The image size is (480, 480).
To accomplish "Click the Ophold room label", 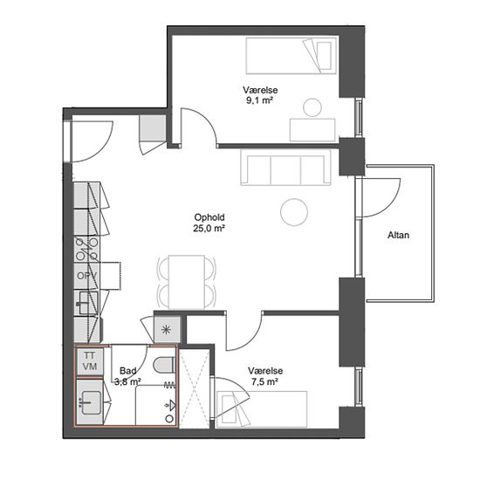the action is pyautogui.click(x=209, y=217).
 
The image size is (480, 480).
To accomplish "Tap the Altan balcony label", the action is pyautogui.click(x=398, y=235).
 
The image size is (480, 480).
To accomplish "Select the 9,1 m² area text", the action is pyautogui.click(x=259, y=100).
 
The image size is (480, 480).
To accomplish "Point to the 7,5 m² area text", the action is pyautogui.click(x=264, y=381).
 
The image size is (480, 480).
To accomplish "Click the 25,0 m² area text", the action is pyautogui.click(x=209, y=229).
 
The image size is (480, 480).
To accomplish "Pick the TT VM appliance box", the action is pyautogui.click(x=90, y=361).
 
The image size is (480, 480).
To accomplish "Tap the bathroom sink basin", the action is pyautogui.click(x=90, y=402).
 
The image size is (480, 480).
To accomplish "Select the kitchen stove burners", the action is pyautogui.click(x=86, y=250).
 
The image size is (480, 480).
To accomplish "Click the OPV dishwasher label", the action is pyautogui.click(x=86, y=276).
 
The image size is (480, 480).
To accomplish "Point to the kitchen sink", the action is pyautogui.click(x=88, y=303).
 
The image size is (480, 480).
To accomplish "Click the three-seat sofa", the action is pyautogui.click(x=286, y=168).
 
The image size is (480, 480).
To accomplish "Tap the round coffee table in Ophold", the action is pyautogui.click(x=294, y=212).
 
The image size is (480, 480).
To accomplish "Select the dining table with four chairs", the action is pyautogui.click(x=187, y=282).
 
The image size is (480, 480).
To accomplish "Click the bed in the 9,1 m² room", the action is pyautogui.click(x=291, y=56).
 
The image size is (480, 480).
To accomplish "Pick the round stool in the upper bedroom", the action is pyautogui.click(x=312, y=107).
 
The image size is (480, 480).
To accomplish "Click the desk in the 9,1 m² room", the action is pyautogui.click(x=312, y=130).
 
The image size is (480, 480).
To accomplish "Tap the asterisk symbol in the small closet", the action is pyautogui.click(x=166, y=329).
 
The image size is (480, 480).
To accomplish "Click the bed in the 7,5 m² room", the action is pyautogui.click(x=262, y=409).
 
